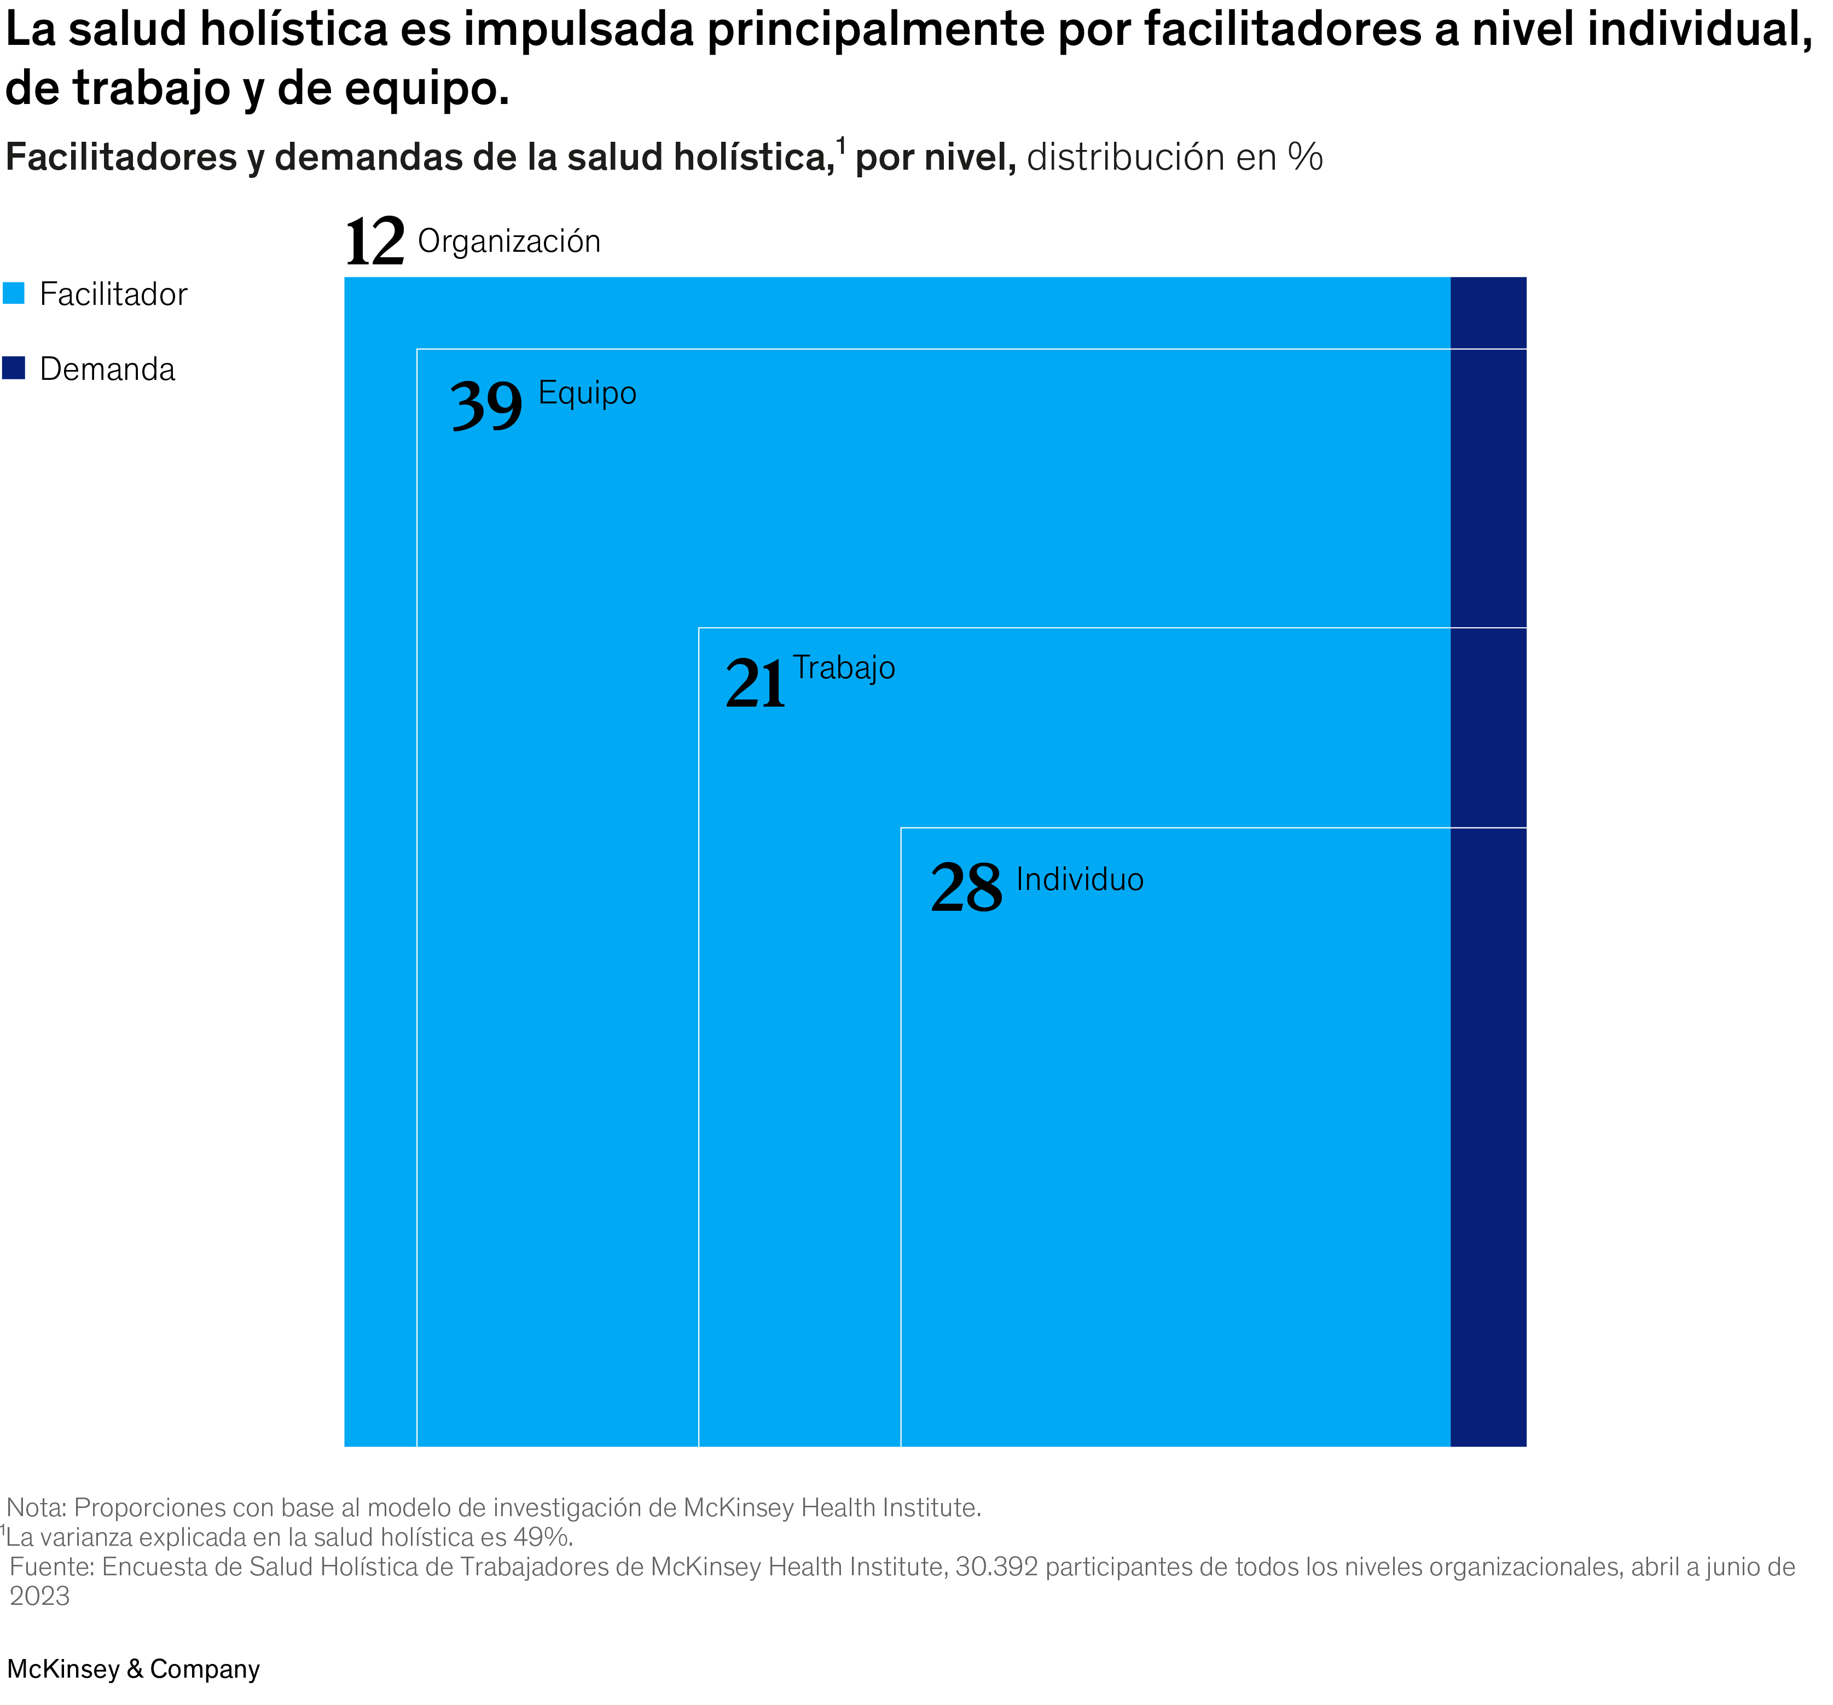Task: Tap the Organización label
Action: click(x=509, y=241)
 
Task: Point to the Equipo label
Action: click(x=587, y=394)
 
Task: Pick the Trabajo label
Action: click(x=844, y=668)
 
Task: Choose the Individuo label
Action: click(x=1080, y=880)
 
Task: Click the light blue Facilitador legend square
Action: click(x=14, y=293)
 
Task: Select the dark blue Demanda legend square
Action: click(x=14, y=368)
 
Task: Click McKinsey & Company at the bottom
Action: click(x=134, y=1669)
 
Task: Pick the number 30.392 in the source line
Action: click(x=996, y=1567)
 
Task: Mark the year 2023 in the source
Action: click(x=39, y=1596)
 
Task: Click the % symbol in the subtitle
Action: click(x=1306, y=158)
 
